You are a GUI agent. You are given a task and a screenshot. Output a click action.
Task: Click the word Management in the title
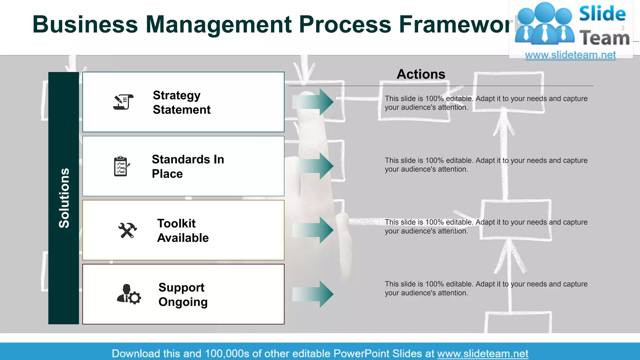click(x=218, y=24)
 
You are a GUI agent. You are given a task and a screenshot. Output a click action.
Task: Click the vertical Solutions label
click(x=64, y=198)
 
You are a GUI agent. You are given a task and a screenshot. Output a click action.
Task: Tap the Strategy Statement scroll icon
click(x=123, y=102)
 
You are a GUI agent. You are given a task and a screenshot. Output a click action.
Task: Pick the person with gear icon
click(x=129, y=294)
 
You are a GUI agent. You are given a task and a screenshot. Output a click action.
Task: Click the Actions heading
click(x=421, y=74)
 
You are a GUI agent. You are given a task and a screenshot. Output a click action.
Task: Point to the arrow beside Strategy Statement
click(x=313, y=102)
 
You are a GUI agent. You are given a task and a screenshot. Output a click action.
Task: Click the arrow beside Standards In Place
click(x=313, y=166)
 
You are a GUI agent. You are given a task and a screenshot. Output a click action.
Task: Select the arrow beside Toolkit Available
click(x=313, y=230)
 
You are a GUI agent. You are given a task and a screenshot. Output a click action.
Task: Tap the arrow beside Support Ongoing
click(x=313, y=294)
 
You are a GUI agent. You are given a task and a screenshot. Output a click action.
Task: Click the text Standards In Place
click(x=187, y=166)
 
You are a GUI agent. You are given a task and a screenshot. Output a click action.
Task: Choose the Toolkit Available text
click(x=183, y=231)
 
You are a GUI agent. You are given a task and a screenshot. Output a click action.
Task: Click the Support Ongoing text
click(x=183, y=294)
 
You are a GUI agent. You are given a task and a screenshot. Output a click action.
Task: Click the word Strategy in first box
click(x=177, y=95)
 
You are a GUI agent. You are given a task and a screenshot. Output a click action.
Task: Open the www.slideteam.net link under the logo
click(x=570, y=55)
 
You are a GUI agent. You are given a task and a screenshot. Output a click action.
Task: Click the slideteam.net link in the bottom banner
click(x=482, y=353)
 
